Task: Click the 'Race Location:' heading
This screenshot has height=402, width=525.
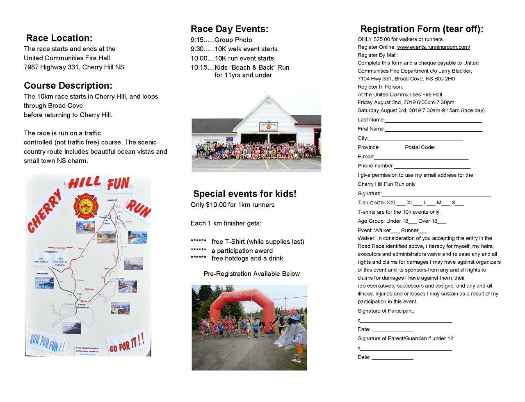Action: point(59,38)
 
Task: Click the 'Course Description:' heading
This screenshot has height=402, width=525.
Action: point(68,86)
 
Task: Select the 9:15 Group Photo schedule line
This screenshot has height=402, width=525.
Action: point(221,40)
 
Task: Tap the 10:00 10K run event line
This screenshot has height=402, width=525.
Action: point(232,58)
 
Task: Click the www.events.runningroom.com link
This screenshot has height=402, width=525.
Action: point(434,47)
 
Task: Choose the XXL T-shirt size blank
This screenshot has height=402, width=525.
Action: point(401,203)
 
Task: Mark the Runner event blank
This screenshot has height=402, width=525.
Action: point(423,231)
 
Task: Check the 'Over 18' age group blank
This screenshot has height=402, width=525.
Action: point(442,222)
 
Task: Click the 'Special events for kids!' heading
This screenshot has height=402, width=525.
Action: point(244,194)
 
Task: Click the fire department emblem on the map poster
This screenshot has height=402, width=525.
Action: point(86,206)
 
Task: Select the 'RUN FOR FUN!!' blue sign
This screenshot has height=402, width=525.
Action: point(47,342)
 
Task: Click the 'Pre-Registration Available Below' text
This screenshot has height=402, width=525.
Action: point(251,274)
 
